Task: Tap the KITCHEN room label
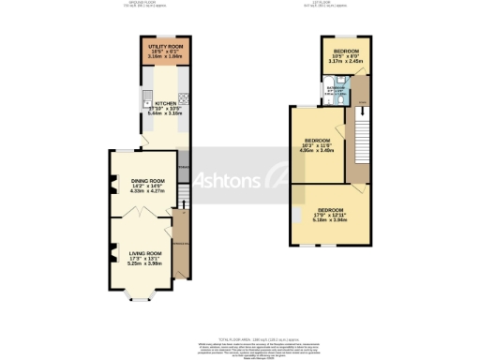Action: (x=165, y=104)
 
